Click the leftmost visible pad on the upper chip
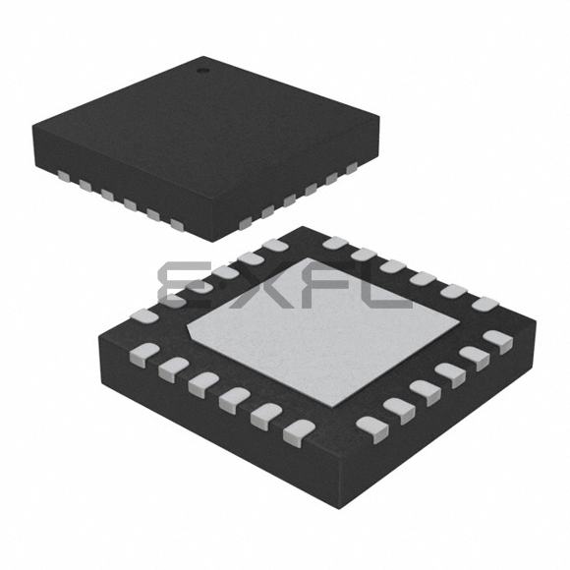click(63, 176)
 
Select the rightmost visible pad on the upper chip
click(352, 168)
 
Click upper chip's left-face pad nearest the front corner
click(177, 225)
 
